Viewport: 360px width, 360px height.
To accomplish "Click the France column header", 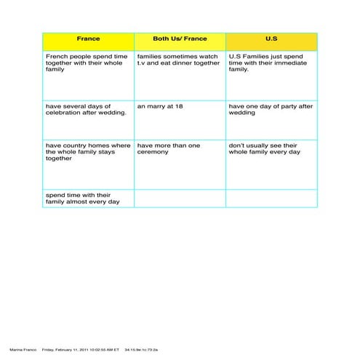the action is [88, 39].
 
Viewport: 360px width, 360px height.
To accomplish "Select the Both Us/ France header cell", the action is [180, 39].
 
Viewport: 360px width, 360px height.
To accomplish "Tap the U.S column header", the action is [271, 39].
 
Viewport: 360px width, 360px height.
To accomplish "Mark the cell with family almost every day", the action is [88, 199].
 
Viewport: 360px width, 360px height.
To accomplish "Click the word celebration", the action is [63, 113].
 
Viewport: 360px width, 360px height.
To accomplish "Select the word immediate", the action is [284, 63].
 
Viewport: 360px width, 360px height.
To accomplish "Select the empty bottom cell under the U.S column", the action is [271, 199].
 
